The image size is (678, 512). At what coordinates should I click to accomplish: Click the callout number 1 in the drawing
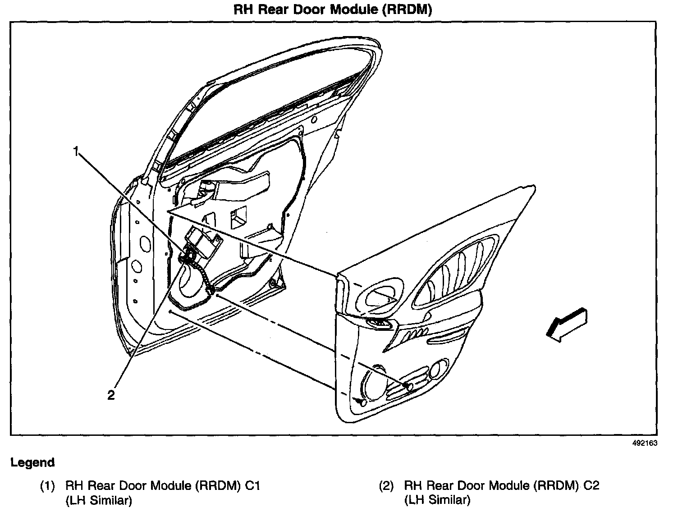77,151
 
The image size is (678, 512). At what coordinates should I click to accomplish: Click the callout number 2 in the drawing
111,395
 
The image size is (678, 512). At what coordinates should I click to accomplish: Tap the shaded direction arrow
567,324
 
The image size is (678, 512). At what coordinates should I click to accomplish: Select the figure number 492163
645,443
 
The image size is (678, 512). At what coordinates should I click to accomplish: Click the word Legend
32,462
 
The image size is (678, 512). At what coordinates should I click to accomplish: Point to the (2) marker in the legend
386,486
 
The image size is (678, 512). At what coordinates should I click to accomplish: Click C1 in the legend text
252,486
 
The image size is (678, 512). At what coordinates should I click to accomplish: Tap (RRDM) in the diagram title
407,10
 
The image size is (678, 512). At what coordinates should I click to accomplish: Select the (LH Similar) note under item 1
99,500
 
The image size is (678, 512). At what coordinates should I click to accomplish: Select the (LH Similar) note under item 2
437,500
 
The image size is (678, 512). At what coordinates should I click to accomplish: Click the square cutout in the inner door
238,217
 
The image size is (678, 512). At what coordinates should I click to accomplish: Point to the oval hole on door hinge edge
146,243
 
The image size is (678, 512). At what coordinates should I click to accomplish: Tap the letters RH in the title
242,10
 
